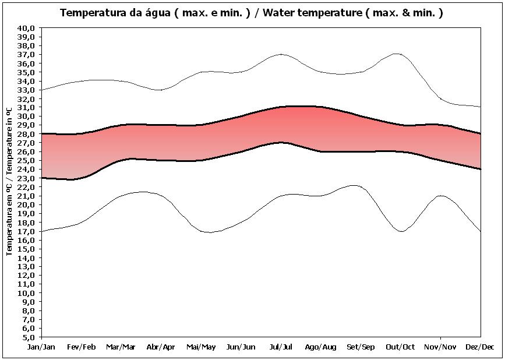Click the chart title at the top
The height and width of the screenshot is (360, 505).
(252, 12)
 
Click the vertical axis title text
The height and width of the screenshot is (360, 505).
(9, 181)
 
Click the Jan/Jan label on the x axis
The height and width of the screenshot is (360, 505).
(41, 347)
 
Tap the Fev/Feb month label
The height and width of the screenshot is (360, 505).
(82, 347)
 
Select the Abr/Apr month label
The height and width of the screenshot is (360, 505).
(161, 347)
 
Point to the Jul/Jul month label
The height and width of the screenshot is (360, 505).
(281, 347)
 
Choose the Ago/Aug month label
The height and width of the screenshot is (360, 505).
(321, 347)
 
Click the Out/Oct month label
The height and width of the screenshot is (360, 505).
(401, 347)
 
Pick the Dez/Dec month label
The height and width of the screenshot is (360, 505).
(481, 347)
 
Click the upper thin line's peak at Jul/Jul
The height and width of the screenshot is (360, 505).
(281, 54)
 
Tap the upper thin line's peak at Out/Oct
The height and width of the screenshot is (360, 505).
(398, 54)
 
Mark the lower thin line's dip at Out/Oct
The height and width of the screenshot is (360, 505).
(401, 231)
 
